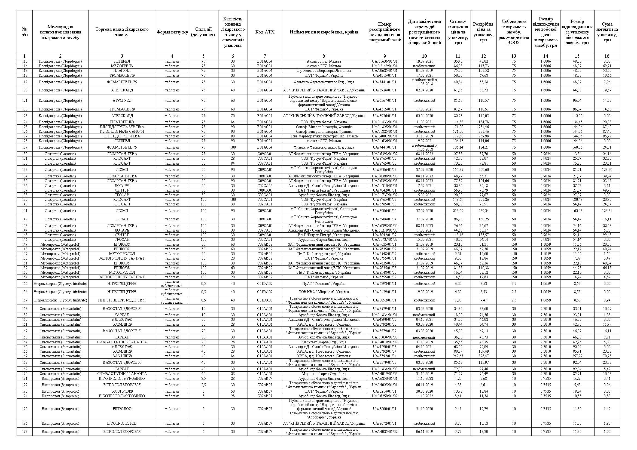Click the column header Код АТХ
tap(265, 32)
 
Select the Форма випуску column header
tap(172, 32)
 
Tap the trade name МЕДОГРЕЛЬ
tap(122, 66)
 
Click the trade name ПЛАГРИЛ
tap(122, 71)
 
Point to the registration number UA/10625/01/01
tap(385, 71)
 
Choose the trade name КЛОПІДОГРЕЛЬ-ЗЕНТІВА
tap(122, 127)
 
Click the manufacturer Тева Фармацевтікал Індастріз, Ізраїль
tap(324, 136)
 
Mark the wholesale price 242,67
tap(458, 356)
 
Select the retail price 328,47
tap(483, 356)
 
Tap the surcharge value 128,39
tap(607, 169)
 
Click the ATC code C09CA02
tap(265, 186)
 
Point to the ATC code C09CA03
tap(265, 230)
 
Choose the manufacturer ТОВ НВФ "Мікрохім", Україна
tap(324, 292)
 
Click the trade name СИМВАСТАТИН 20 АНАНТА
tap(122, 342)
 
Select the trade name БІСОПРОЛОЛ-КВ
tap(122, 423)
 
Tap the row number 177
tap(25, 431)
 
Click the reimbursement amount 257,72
tap(577, 356)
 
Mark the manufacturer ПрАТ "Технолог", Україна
tap(324, 284)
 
